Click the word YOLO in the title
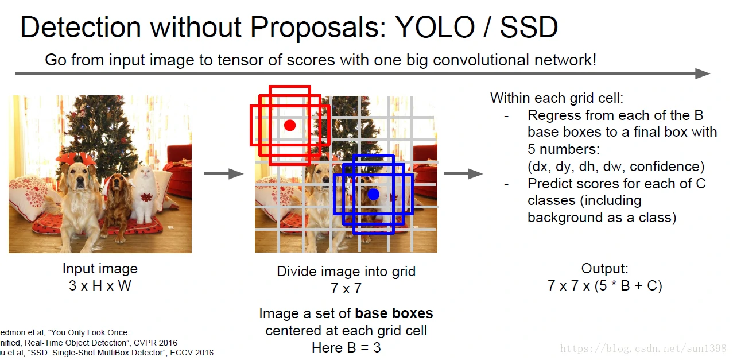pos(435,27)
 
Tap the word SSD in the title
pos(529,27)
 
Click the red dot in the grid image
pos(290,125)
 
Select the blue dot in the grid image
pos(373,195)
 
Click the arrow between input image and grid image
pos(224,173)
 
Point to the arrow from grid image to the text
pos(463,173)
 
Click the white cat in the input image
pos(144,193)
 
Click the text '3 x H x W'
pos(100,286)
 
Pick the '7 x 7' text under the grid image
pos(346,289)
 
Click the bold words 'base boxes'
pos(394,313)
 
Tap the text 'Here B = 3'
pos(346,347)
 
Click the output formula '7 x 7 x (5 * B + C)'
pos(605,286)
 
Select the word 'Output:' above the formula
pos(605,268)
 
